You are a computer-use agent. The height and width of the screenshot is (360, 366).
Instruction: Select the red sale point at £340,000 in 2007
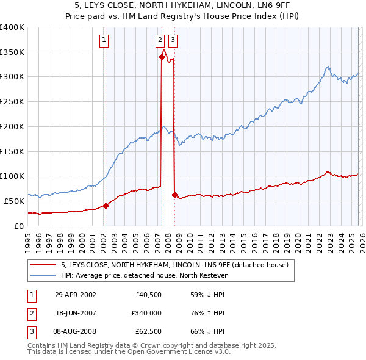pyautogui.click(x=162, y=57)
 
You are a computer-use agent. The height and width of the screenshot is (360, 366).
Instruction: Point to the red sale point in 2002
pyautogui.click(x=106, y=206)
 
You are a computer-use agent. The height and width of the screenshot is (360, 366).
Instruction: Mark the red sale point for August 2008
pyautogui.click(x=174, y=195)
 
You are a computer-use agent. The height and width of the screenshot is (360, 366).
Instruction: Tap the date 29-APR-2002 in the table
pyautogui.click(x=75, y=295)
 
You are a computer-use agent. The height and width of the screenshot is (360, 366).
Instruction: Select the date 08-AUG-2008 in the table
pyautogui.click(x=75, y=331)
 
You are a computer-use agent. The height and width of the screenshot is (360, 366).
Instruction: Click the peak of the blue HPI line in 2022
pyautogui.click(x=328, y=67)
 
